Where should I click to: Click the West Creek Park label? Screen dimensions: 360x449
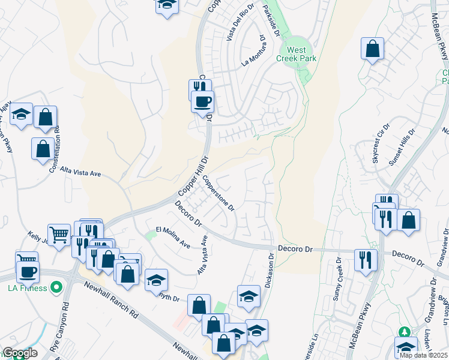pos(296,54)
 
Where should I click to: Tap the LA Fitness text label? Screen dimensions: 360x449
pos(28,289)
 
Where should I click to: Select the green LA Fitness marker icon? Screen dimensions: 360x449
pos(57,289)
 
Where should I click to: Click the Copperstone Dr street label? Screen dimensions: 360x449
pos(218,191)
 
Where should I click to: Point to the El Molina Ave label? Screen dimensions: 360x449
pos(173,238)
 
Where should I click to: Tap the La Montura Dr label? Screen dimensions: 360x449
pos(253,51)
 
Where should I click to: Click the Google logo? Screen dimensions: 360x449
pos(19,353)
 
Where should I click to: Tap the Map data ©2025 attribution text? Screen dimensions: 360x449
pos(424,355)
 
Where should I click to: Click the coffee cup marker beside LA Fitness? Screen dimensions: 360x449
pos(28,272)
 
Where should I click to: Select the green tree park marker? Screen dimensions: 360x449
pos(404,332)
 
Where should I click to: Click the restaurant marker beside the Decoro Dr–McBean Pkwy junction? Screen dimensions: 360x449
pos(364,260)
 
